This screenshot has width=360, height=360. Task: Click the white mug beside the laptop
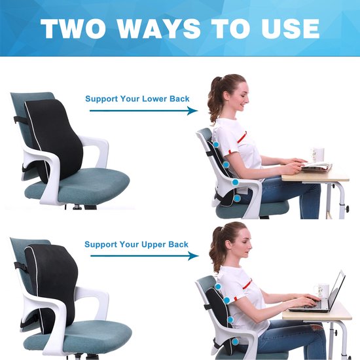[322, 290]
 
